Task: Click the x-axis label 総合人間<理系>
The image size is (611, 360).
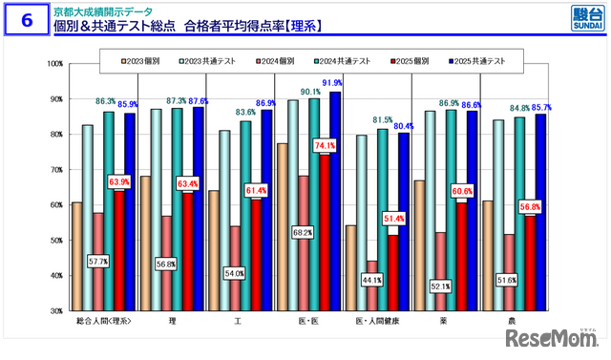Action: click(x=104, y=321)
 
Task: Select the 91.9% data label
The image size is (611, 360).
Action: click(x=334, y=83)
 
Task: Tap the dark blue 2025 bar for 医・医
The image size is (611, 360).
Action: click(x=335, y=201)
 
